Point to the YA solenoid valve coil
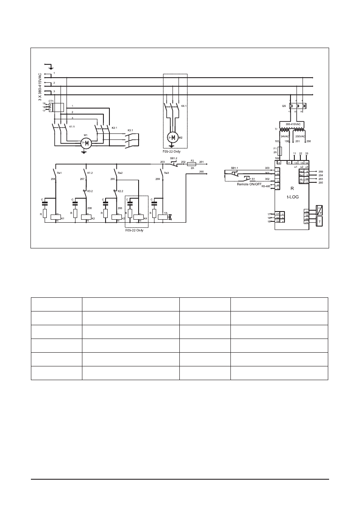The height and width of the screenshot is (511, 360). point(163,217)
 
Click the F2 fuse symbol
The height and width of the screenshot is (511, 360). point(192,164)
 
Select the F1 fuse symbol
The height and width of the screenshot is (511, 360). point(279,151)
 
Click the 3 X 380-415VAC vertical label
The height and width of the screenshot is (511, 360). point(40,87)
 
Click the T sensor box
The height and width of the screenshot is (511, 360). point(319,221)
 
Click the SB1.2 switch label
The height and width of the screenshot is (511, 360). point(173,158)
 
